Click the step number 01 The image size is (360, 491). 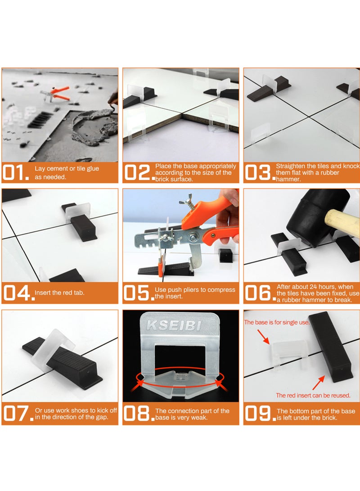16,172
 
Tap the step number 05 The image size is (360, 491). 139,293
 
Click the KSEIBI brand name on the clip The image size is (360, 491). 174,326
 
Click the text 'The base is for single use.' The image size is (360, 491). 277,322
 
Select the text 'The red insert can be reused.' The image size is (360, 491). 313,396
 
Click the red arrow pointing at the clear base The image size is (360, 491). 263,336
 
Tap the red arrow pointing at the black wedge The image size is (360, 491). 318,383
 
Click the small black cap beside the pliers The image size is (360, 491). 226,255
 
